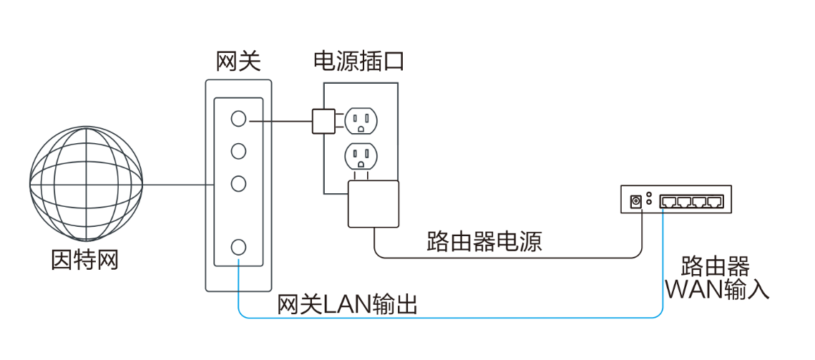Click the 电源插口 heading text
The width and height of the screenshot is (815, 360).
pos(358,62)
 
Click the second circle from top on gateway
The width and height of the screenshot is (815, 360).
pos(239,151)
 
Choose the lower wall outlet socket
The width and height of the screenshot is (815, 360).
pos(361,154)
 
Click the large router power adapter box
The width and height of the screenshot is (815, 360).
pos(372,203)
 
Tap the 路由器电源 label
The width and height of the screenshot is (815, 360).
pos(484,242)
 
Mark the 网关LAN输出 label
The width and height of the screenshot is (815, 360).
pos(347,305)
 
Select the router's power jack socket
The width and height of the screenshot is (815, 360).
pos(635,201)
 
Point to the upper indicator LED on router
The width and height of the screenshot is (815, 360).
pos(649,195)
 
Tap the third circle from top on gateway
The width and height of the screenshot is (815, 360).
pos(239,183)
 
